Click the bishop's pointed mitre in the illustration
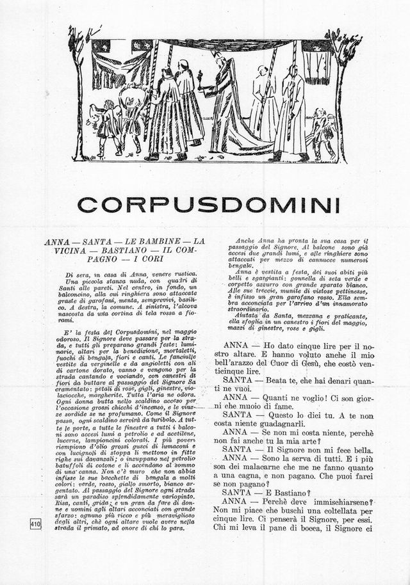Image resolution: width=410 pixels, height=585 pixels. click(220, 58)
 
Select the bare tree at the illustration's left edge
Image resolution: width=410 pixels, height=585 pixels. click(78, 90)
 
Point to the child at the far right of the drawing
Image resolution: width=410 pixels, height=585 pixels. click(321, 132)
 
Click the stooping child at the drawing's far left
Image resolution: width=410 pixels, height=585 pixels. click(100, 125)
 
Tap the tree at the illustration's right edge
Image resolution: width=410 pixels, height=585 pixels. click(341, 90)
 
